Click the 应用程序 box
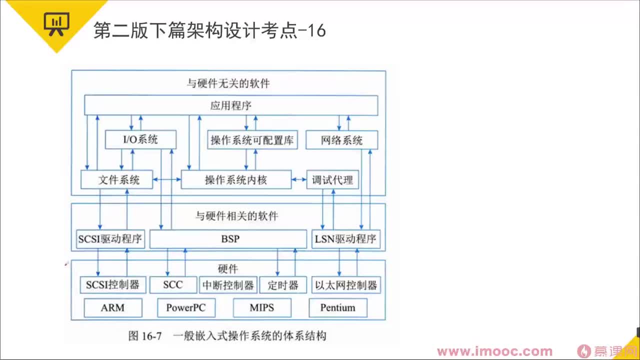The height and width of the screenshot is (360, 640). click(x=230, y=105)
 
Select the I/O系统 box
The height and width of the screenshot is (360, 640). click(x=140, y=139)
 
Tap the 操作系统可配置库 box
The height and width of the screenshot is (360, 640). click(x=252, y=140)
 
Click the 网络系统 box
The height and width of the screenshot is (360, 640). click(x=341, y=140)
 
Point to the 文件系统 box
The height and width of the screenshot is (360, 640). click(x=116, y=180)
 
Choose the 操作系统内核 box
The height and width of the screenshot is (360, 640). click(x=235, y=180)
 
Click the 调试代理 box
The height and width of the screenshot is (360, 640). click(x=332, y=180)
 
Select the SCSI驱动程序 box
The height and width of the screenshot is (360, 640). click(x=110, y=239)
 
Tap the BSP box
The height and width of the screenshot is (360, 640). click(x=228, y=239)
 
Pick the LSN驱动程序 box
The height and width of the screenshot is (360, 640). click(x=345, y=239)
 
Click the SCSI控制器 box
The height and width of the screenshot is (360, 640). click(x=112, y=285)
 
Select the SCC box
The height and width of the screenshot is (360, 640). click(x=173, y=285)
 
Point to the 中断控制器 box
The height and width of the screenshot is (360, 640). click(x=228, y=285)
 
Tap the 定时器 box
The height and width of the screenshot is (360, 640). click(x=282, y=285)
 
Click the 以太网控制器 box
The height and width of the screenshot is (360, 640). click(x=345, y=285)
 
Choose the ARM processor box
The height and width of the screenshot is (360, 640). click(x=112, y=308)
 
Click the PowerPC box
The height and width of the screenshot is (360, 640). click(x=186, y=308)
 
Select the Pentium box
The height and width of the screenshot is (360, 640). click(x=337, y=308)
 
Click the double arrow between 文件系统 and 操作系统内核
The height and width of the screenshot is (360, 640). click(x=166, y=179)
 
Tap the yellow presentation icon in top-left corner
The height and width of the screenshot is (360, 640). click(x=56, y=23)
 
